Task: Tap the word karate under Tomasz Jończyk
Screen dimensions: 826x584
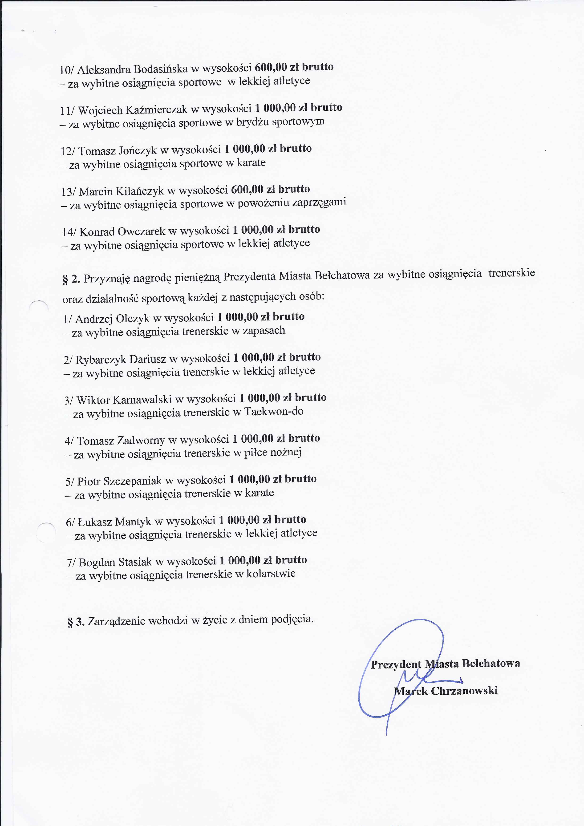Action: [251, 163]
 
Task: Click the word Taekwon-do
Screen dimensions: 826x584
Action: [274, 411]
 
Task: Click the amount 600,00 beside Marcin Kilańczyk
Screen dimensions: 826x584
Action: [247, 189]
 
